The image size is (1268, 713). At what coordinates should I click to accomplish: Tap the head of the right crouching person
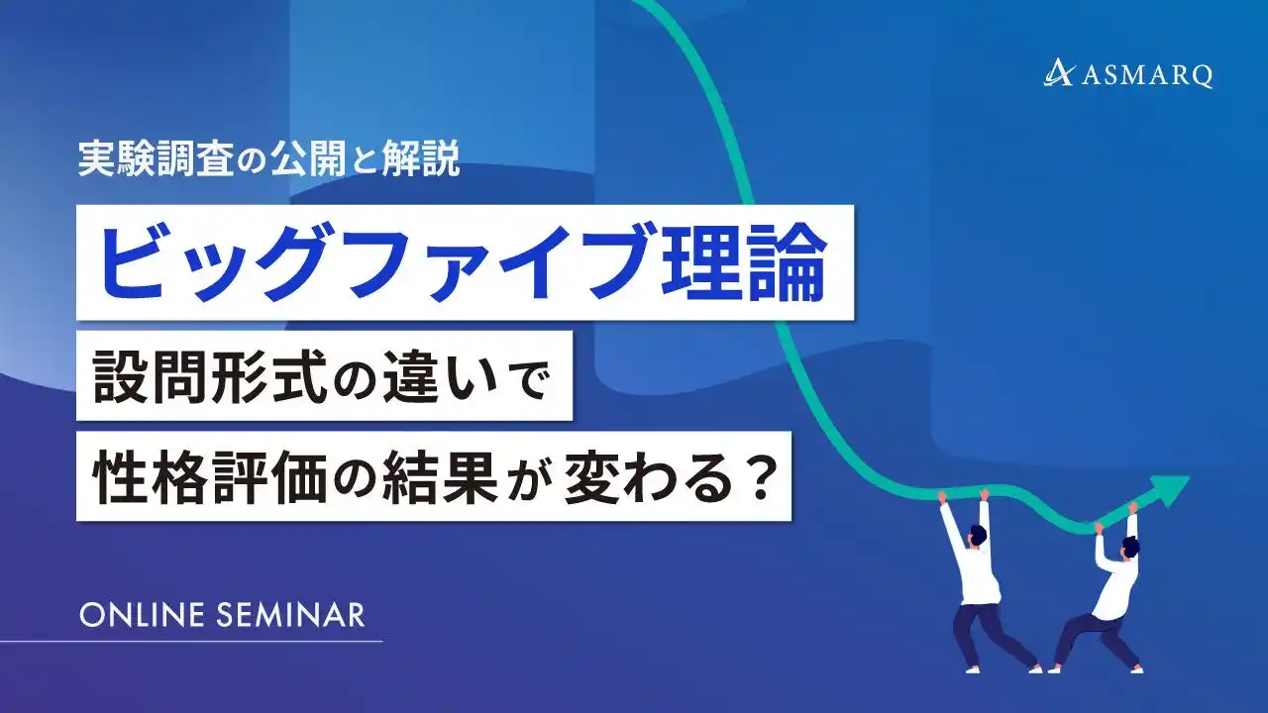pyautogui.click(x=1128, y=546)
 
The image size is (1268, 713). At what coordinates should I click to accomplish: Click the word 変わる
pyautogui.click(x=649, y=476)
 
